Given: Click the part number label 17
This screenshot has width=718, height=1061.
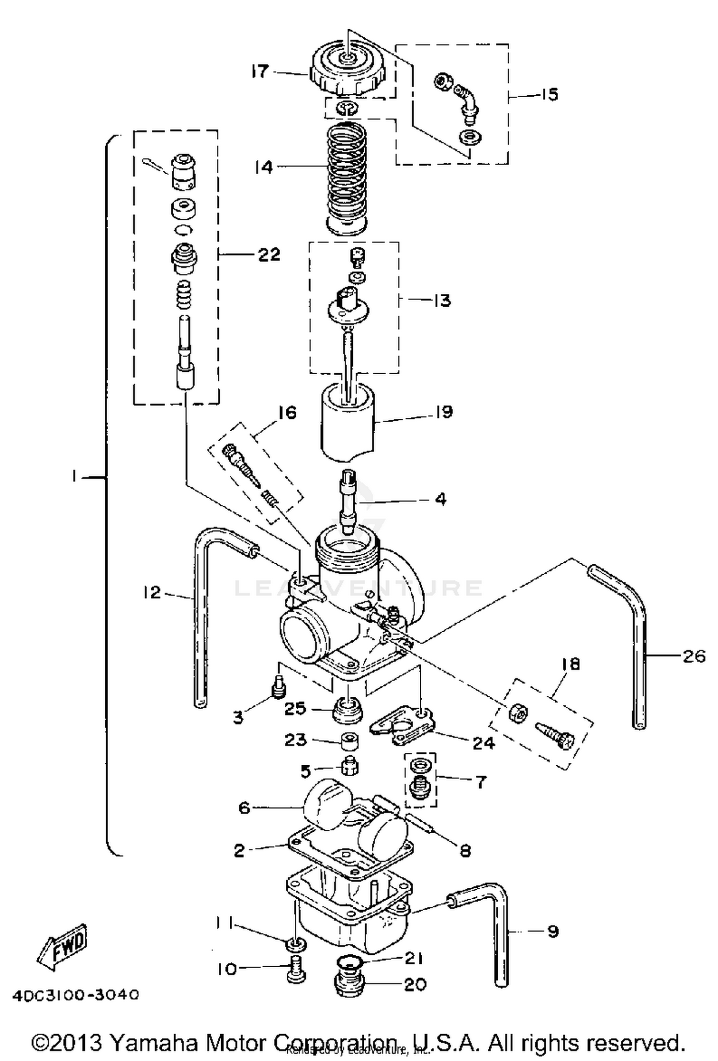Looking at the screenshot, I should click(259, 72).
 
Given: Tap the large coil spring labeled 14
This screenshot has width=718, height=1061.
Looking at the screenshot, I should click(347, 177).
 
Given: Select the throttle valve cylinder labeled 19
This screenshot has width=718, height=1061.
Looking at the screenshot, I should click(347, 424).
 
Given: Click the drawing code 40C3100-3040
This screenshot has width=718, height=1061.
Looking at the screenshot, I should click(76, 995).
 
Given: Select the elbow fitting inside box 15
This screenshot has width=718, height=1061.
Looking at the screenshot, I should click(466, 98).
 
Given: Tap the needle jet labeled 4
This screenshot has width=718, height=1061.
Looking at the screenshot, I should click(348, 503).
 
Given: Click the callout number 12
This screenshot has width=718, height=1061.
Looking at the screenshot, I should click(152, 592).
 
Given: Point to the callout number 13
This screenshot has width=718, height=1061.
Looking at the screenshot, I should click(441, 301).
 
